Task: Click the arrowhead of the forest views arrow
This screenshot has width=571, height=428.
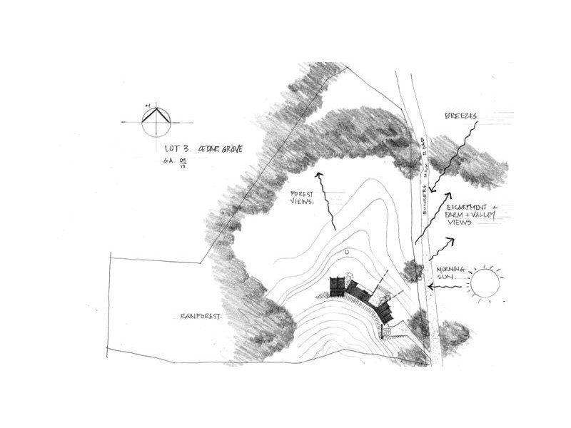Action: [319, 175]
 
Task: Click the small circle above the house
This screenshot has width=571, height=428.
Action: [346, 252]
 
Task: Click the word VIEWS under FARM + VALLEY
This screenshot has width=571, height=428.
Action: [460, 223]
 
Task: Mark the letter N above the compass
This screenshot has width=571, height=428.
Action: [148, 105]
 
